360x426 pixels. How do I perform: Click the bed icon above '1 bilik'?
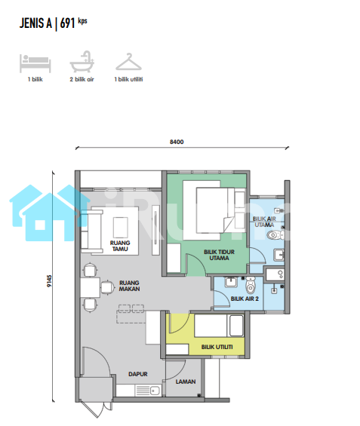(x=35, y=63)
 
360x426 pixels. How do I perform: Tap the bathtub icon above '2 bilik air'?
(x=82, y=62)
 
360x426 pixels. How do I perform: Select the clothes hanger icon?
(x=128, y=63)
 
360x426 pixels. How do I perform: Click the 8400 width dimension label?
(x=177, y=142)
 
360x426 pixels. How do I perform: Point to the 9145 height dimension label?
(x=49, y=281)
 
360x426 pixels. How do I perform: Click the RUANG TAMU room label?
(x=120, y=246)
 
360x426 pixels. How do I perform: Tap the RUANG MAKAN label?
(x=129, y=286)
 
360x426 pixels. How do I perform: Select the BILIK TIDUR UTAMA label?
(x=219, y=255)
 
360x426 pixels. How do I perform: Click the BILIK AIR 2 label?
(x=245, y=299)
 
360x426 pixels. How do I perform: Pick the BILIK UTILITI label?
(x=217, y=347)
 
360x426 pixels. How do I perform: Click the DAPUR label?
(x=138, y=374)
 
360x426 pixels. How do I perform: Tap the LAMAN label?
(x=186, y=382)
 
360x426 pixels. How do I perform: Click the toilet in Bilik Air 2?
(x=251, y=285)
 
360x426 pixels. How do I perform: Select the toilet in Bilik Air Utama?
(x=275, y=234)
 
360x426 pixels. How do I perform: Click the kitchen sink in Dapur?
(x=155, y=391)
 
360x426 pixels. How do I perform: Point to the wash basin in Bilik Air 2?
(x=231, y=282)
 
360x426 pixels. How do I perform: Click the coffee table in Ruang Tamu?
(x=121, y=228)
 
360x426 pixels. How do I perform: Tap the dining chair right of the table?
(x=108, y=287)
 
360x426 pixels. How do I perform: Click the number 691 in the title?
(x=67, y=23)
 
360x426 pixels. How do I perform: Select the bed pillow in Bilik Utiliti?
(x=236, y=326)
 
